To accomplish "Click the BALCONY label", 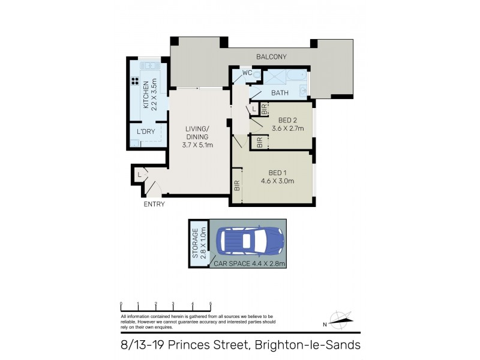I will point(271,57).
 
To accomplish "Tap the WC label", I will point(247,73).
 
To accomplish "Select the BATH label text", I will point(280,93).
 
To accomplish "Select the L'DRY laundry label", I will point(146,131).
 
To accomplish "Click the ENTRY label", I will point(154,204).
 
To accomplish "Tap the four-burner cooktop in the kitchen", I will point(133,83).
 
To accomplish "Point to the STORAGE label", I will point(195,242).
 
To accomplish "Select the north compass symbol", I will point(340,320).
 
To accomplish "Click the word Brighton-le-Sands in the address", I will point(307,345).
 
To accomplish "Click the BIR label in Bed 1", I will point(236,186).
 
